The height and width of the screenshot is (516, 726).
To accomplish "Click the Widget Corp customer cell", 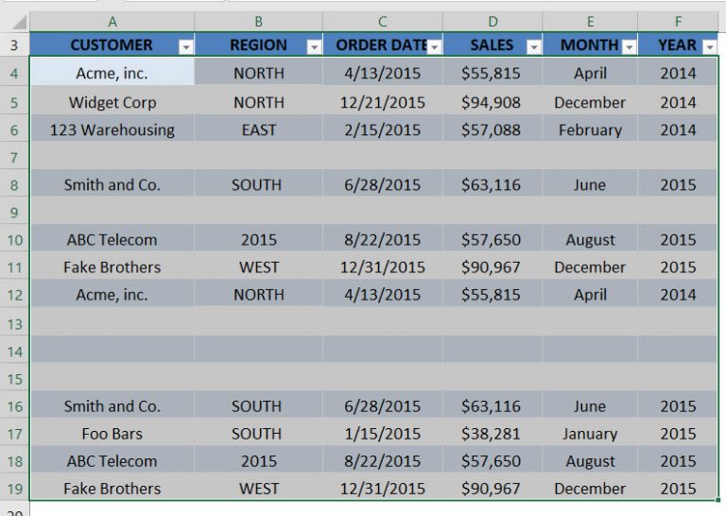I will [112, 102].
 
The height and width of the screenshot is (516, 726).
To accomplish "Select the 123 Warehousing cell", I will [112, 130].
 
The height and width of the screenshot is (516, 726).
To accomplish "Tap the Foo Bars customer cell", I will [112, 434].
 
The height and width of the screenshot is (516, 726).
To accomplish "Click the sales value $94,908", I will [491, 102].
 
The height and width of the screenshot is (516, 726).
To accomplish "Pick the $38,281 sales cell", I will [491, 434].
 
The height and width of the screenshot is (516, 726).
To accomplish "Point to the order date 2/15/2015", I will [381, 130].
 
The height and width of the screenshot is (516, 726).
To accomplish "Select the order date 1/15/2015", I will [381, 434].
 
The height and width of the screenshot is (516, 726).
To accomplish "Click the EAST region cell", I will [258, 130].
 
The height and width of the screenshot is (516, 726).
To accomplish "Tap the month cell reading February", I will [590, 130].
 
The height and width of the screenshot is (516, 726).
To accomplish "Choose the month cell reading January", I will [590, 434].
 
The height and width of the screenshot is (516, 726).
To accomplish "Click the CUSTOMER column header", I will [111, 44].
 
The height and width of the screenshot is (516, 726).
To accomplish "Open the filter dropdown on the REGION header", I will [312, 45].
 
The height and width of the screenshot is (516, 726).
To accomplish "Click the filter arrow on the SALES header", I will [533, 45].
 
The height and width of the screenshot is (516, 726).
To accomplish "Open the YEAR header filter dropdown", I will [710, 45].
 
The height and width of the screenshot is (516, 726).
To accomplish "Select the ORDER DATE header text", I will [376, 44].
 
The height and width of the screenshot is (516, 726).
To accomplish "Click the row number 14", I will [14, 352].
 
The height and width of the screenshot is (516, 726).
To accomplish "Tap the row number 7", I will [14, 157].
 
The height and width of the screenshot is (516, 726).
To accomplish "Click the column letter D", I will [493, 21].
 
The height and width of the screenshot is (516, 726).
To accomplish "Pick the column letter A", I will [112, 21].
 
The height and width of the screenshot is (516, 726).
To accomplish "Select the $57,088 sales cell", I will [491, 130].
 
